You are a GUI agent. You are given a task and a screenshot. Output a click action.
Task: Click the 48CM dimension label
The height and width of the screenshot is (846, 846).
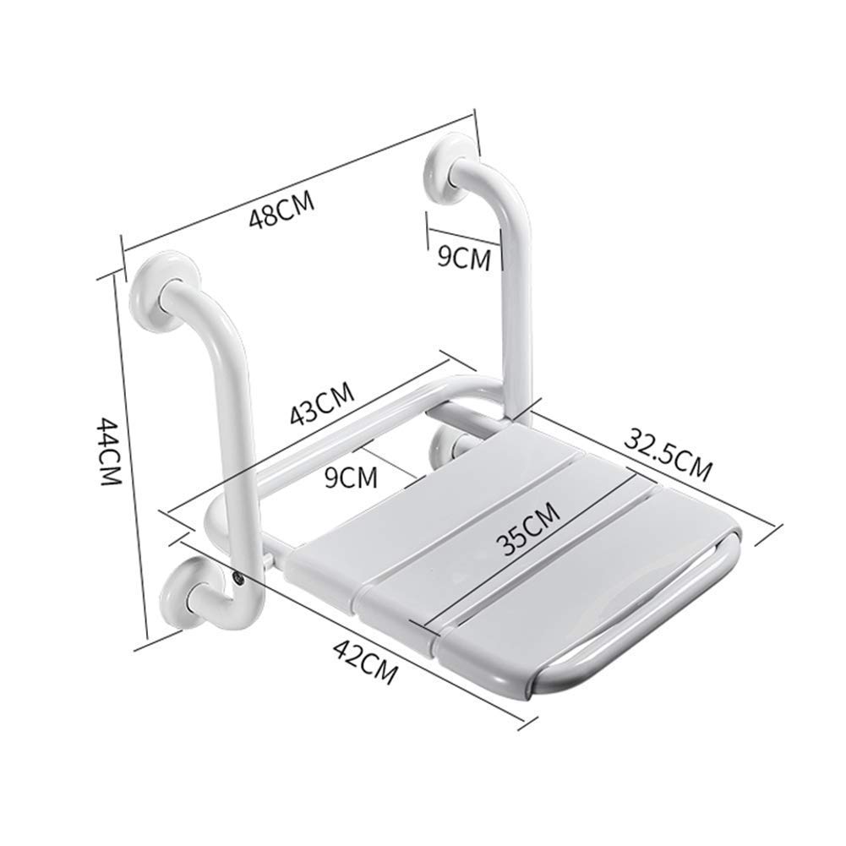click(x=281, y=210)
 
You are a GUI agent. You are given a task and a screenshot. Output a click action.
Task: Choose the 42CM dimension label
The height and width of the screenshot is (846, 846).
click(x=364, y=661)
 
